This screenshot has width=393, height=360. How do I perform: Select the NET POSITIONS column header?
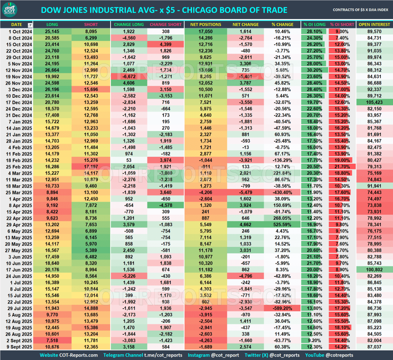pyautogui.click(x=205, y=25)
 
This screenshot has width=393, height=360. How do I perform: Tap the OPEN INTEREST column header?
pyautogui.click(x=374, y=25)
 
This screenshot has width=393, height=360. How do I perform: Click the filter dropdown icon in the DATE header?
pyautogui.click(x=30, y=25)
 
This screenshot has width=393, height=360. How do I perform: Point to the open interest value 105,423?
pyautogui.click(x=374, y=102)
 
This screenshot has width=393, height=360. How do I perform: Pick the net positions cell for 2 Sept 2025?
pyautogui.click(x=205, y=340)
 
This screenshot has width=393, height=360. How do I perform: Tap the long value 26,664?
pyautogui.click(x=52, y=70)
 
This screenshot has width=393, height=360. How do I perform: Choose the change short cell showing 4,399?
pyautogui.click(x=166, y=44)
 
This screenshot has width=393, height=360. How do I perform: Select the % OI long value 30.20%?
pyautogui.click(x=314, y=70)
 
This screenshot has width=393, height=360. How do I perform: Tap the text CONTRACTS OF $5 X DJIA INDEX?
pyautogui.click(x=360, y=10)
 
